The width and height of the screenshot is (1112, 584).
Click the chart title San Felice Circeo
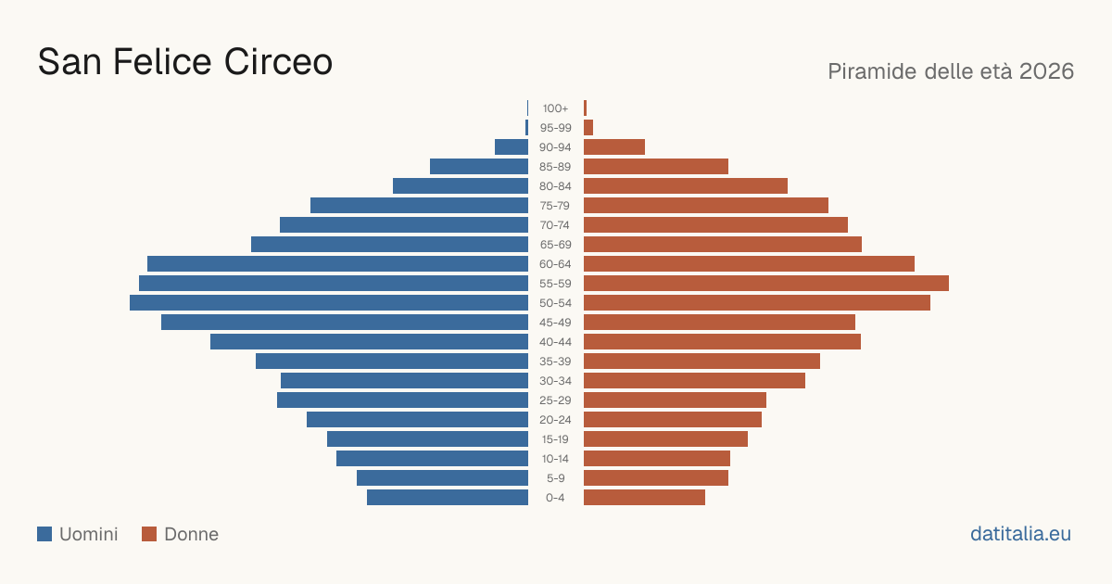click(184, 61)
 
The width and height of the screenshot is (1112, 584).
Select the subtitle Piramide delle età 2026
click(951, 71)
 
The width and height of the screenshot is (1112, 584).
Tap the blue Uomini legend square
click(44, 534)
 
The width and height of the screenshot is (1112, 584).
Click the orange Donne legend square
click(149, 534)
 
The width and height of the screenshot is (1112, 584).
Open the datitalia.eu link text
click(1020, 534)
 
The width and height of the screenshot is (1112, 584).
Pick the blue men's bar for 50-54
click(329, 303)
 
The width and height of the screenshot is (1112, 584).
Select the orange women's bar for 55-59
click(766, 283)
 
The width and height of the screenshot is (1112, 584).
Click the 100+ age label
click(555, 108)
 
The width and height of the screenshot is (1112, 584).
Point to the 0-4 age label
click(555, 498)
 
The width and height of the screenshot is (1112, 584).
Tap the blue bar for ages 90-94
click(512, 147)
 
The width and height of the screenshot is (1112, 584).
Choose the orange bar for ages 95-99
click(588, 128)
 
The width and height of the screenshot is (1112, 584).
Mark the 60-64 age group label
click(555, 263)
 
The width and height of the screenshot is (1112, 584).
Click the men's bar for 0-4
click(448, 498)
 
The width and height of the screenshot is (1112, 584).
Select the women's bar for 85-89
click(656, 166)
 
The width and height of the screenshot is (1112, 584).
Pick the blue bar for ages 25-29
click(402, 400)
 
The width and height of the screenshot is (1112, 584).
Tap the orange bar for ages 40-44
click(722, 342)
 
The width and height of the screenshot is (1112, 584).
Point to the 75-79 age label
click(555, 206)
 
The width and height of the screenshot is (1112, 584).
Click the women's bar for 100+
click(586, 108)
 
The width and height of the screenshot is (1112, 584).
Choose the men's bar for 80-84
click(461, 185)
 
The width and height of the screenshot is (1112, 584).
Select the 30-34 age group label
click(555, 381)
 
